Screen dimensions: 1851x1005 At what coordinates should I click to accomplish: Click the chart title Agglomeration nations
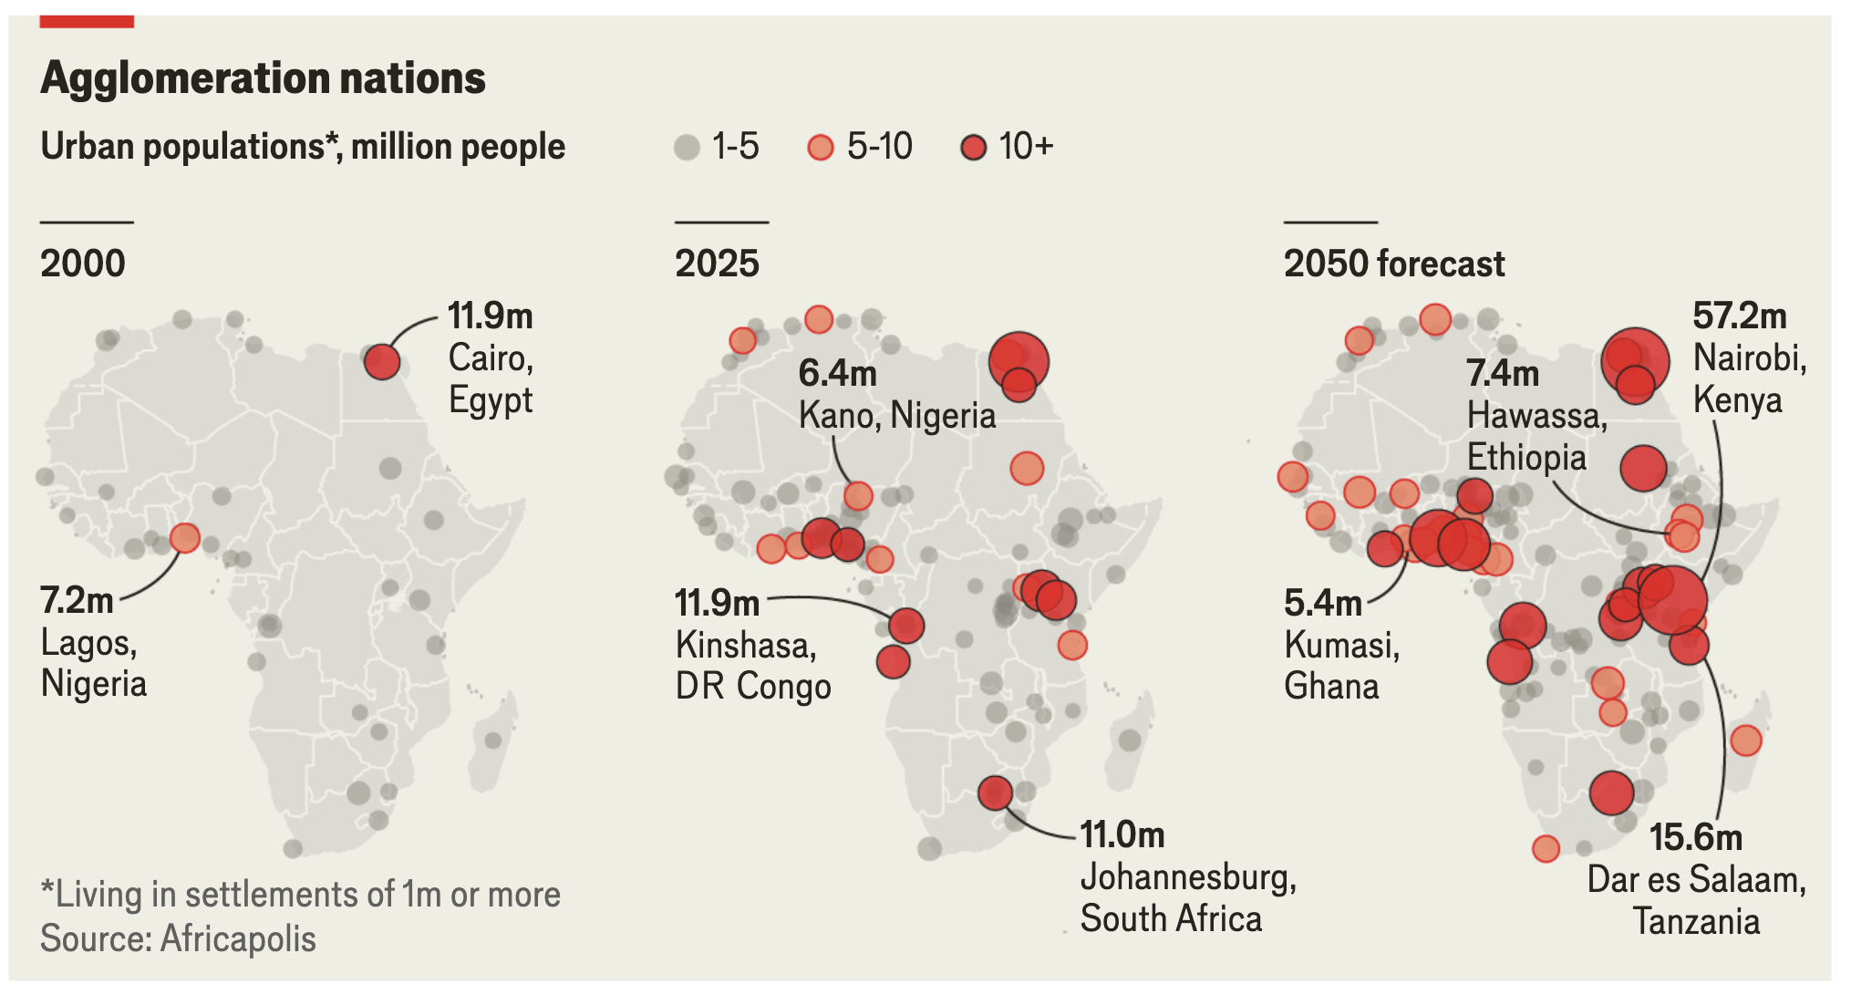(x=263, y=78)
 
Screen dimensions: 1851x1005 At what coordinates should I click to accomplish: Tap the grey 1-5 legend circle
(x=687, y=147)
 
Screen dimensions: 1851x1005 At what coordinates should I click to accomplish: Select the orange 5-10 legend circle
(x=821, y=147)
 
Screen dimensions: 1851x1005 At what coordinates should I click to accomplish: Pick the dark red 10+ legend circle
(x=974, y=147)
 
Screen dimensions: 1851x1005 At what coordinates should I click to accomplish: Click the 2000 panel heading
(x=83, y=264)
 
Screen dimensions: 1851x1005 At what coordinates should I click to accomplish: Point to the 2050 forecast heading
(x=1394, y=264)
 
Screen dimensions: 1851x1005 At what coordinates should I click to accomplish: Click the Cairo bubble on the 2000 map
(x=382, y=361)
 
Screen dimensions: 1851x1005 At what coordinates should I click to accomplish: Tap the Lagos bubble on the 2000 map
(x=185, y=537)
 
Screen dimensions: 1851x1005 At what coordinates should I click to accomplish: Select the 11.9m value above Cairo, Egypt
(x=491, y=316)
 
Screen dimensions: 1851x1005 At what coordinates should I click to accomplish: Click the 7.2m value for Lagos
(x=77, y=600)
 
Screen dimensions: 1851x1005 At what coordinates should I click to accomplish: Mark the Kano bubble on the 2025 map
(x=858, y=496)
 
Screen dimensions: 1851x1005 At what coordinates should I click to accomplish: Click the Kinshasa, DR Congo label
(x=753, y=666)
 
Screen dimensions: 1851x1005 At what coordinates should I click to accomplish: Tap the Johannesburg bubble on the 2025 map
(x=995, y=793)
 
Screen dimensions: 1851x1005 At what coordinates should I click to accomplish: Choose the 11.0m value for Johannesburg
(x=1122, y=834)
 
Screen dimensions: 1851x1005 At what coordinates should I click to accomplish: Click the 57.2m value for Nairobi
(x=1740, y=316)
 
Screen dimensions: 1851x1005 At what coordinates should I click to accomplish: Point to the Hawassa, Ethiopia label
(x=1537, y=436)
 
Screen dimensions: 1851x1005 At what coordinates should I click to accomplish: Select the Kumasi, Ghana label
(x=1342, y=666)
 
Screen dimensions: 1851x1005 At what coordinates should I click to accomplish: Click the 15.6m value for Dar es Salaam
(x=1695, y=837)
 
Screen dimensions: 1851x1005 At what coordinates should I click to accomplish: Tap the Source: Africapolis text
(x=178, y=938)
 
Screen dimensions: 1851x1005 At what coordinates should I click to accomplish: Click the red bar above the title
(x=87, y=21)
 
